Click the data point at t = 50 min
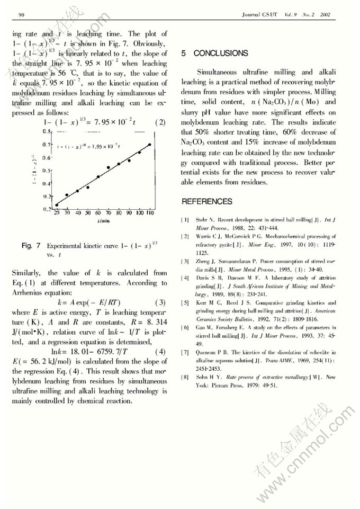[87, 187]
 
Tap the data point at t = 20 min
[57, 204]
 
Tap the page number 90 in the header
[22, 14]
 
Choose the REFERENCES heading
[207, 201]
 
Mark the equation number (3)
[160, 302]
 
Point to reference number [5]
[185, 302]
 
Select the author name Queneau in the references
[207, 352]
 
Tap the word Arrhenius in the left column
[30, 292]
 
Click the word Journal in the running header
[251, 14]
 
